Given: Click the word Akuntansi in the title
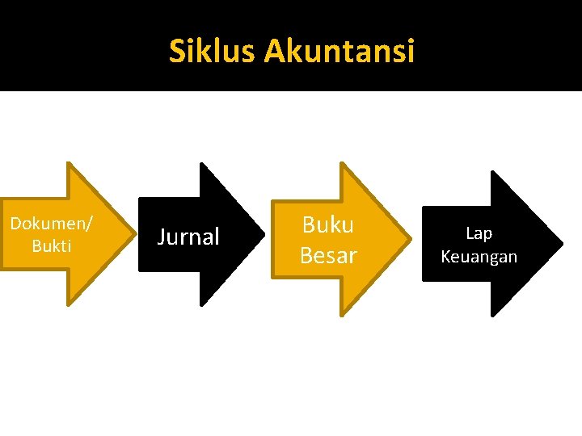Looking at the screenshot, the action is pos(339,52).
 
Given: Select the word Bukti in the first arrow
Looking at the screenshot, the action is pos(51,246).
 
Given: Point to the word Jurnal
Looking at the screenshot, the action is pos(188,237).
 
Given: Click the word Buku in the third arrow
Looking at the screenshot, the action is pos(327,224).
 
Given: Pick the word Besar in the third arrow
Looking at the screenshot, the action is pos(327,256).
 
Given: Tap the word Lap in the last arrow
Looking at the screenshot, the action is pos(479,233).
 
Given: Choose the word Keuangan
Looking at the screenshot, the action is pos(479,257).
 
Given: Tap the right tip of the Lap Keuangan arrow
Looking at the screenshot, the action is pos(562,242).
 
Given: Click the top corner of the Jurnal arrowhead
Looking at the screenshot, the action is pos(201,164).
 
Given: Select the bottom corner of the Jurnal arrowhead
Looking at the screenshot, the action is pos(201,305).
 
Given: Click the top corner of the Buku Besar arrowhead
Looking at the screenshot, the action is pos(342,164).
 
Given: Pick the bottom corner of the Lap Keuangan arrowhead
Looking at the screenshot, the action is pos(492,314).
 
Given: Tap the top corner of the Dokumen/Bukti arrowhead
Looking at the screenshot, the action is pos(69,164).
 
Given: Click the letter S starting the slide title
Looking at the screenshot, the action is pos(177,52).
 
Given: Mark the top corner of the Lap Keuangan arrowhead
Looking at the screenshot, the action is pos(492,172).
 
